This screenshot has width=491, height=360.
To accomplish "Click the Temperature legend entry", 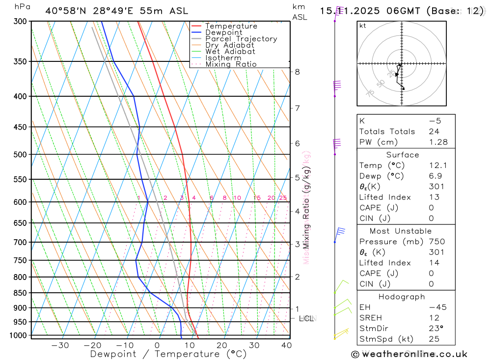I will click(x=231, y=26).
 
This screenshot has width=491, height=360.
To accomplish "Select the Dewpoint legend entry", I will click(x=223, y=32).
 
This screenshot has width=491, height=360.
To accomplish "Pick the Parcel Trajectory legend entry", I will click(x=241, y=39).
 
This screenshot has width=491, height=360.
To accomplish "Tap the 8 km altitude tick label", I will click(x=297, y=72).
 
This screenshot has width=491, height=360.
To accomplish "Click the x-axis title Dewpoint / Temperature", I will click(x=168, y=354).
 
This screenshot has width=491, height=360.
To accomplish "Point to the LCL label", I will click(x=306, y=319).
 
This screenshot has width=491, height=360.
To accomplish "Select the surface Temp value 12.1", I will click(x=438, y=166).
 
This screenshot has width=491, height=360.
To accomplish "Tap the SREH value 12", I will click(x=434, y=318).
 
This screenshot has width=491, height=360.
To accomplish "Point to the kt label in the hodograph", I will click(x=362, y=26).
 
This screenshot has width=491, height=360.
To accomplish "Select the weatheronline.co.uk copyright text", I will click(x=409, y=354).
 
